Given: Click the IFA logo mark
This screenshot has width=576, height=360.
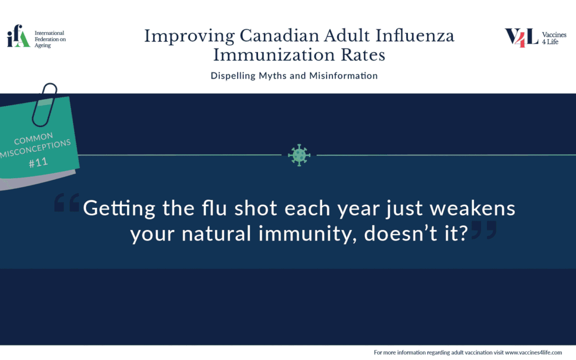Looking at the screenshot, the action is pyautogui.click(x=18, y=36).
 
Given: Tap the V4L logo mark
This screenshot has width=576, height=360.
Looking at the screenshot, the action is pyautogui.click(x=521, y=38).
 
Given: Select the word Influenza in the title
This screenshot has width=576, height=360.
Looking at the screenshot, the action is pyautogui.click(x=415, y=36).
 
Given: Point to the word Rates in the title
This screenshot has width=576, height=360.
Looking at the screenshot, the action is pyautogui.click(x=363, y=55).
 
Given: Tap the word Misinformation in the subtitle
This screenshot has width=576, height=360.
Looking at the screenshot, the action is pyautogui.click(x=343, y=76).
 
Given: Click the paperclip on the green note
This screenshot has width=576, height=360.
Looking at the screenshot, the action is pyautogui.click(x=44, y=105).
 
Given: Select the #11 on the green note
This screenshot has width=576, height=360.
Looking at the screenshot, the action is pyautogui.click(x=38, y=162).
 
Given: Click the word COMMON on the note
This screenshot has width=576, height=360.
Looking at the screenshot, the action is pyautogui.click(x=34, y=139).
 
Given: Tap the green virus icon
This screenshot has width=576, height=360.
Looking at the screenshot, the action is pyautogui.click(x=299, y=155).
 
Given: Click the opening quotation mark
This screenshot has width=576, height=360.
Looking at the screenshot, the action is pyautogui.click(x=67, y=203).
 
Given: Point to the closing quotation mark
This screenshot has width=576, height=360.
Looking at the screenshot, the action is pyautogui.click(x=484, y=230).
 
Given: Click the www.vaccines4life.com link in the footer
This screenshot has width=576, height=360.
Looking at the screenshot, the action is pyautogui.click(x=533, y=353).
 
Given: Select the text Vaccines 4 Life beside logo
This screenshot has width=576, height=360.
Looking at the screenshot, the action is pyautogui.click(x=554, y=38).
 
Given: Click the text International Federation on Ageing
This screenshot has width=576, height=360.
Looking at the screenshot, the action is pyautogui.click(x=50, y=39).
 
